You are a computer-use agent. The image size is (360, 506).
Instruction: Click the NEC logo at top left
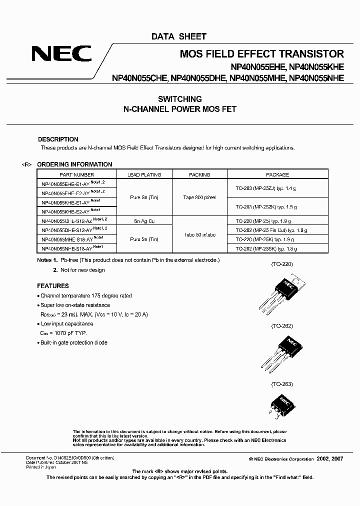coord(61,53)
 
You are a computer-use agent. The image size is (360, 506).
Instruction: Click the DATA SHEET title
coord(178,36)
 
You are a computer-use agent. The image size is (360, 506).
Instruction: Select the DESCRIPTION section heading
coord(58,139)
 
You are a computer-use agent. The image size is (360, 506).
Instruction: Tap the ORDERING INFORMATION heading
coord(75,164)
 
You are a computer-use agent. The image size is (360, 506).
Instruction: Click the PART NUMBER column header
coord(76,175)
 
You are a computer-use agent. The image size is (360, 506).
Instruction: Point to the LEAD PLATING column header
coord(144,175)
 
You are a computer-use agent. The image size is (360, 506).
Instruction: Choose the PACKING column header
coord(199,175)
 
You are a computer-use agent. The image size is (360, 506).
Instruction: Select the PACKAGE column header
coord(277,175)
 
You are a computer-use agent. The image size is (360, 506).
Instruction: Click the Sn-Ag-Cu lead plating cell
coord(144,220)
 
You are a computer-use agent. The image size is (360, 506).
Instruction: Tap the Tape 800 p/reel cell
coord(199,197)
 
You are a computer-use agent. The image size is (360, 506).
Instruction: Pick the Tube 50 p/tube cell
coord(199,234)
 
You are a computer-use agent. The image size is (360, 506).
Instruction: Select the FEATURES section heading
coord(53,286)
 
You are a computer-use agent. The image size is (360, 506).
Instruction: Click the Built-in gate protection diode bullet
coord(73,342)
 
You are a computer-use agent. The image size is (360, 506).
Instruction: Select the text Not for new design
coord(82,270)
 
